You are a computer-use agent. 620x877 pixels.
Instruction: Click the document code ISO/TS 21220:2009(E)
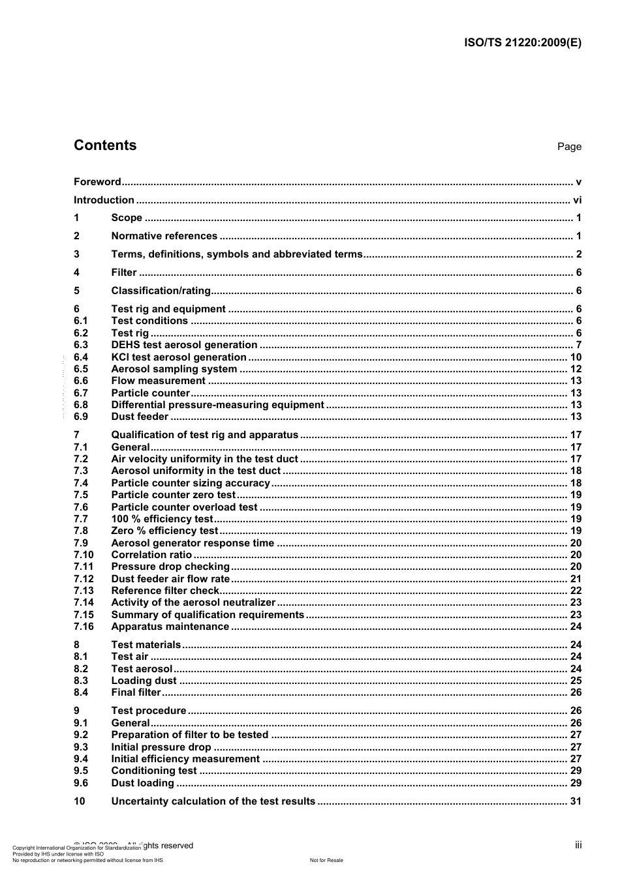[x=522, y=43]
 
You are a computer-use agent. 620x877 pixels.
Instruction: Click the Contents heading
[x=105, y=145]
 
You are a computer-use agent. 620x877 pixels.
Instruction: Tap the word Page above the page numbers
[x=568, y=147]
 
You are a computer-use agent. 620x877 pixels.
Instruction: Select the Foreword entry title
[x=97, y=182]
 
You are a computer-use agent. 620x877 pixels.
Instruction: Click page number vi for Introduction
[x=577, y=200]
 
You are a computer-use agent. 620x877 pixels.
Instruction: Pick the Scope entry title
[x=127, y=218]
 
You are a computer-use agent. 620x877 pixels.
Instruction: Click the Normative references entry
[x=164, y=236]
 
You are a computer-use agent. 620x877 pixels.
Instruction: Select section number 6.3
[x=81, y=345]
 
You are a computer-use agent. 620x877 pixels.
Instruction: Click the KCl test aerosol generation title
[x=179, y=357]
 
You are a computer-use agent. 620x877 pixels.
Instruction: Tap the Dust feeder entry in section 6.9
[x=140, y=417]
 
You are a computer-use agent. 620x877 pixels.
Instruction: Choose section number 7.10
[x=84, y=555]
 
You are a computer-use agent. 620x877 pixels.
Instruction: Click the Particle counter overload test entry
[x=184, y=507]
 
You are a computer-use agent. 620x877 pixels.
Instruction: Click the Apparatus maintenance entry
[x=170, y=627]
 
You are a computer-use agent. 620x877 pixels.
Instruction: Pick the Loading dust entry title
[x=144, y=681]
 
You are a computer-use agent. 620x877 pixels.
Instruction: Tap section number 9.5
[x=81, y=771]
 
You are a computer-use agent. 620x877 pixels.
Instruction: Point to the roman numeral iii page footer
[x=578, y=845]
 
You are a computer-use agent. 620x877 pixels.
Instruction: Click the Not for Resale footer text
[x=326, y=860]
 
